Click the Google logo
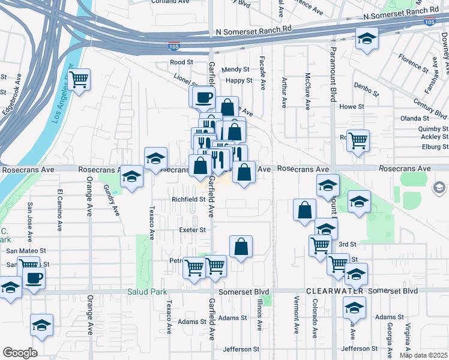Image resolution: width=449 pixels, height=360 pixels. coord(20,353)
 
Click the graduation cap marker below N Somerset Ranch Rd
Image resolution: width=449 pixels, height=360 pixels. coord(366,40)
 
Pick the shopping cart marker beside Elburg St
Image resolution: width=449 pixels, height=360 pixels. coord(358,140)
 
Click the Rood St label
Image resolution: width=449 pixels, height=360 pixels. coord(181,62)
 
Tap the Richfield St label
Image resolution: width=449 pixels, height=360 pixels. coord(188,199)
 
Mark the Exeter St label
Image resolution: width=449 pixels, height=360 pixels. coord(193,229)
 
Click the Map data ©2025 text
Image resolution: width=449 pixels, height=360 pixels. coord(424,356)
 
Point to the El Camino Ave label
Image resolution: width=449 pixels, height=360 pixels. coord(60,210)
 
